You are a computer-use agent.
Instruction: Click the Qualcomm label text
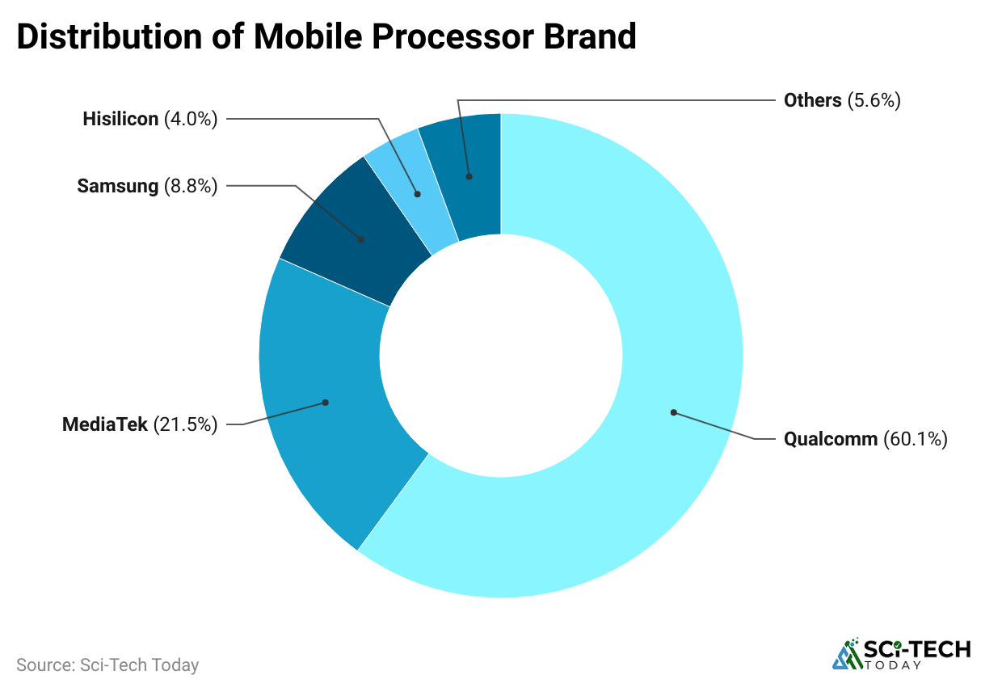coord(830,439)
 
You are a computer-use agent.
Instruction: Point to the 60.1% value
coord(915,439)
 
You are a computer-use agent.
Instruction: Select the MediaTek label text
coord(105,424)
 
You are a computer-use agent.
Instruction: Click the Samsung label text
coord(117,186)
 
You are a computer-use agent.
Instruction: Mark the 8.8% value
coord(191,186)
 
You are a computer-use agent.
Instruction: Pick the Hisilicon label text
coord(120,120)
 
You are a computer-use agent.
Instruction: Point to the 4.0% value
coord(191,120)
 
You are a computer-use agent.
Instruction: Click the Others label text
coord(813,100)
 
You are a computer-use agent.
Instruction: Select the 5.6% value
coord(874,100)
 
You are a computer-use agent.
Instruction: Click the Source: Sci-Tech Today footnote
coord(107,665)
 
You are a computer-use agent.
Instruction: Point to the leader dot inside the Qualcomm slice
coord(672,412)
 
